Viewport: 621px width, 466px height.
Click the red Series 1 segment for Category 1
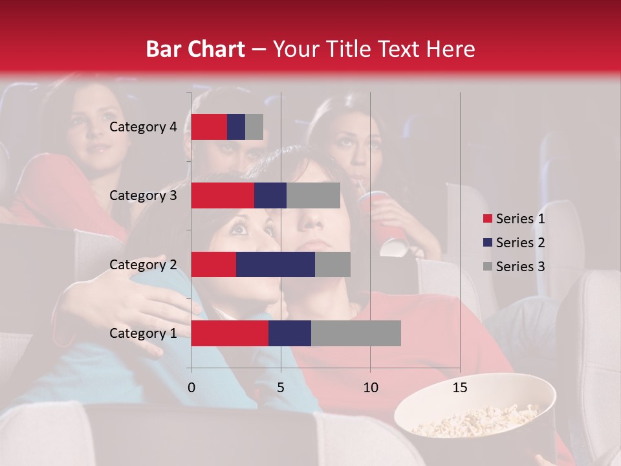click(230, 333)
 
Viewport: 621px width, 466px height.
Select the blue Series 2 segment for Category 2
click(276, 264)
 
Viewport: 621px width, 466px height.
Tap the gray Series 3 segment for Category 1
click(356, 333)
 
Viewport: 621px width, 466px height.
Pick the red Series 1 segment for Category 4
click(209, 127)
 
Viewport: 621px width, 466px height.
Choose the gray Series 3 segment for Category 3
click(313, 195)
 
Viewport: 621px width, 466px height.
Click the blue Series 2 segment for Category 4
click(236, 127)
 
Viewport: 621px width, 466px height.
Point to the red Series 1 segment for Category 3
click(223, 195)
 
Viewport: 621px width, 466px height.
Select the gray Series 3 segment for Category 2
click(332, 264)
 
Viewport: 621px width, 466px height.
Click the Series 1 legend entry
click(514, 219)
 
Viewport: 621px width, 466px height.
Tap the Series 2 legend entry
click(514, 243)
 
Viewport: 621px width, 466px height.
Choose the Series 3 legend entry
click(514, 267)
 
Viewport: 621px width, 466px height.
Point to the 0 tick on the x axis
click(191, 388)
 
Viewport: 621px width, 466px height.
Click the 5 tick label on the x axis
click(281, 388)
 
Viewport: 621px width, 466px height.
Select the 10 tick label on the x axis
click(370, 388)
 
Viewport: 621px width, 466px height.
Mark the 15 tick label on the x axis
click(460, 388)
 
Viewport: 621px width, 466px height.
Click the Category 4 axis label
click(143, 127)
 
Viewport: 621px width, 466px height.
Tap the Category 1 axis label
click(143, 333)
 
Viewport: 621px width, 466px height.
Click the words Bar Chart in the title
click(195, 49)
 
